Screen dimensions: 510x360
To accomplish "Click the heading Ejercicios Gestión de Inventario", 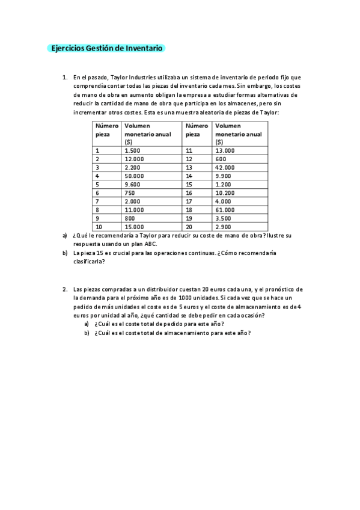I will [x=106, y=49].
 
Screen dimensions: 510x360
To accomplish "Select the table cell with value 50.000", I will [x=135, y=176].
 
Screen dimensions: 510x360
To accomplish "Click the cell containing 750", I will [x=130, y=193].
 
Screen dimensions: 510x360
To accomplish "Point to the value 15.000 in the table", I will [x=135, y=227].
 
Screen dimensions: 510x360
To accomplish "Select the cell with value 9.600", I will [x=133, y=184].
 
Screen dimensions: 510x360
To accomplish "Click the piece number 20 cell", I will [x=189, y=227].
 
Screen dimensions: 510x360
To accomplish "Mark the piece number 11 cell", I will [x=189, y=150].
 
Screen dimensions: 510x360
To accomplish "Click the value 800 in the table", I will [x=130, y=218].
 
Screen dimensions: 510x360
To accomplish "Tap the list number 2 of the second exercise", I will [x=64, y=289].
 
